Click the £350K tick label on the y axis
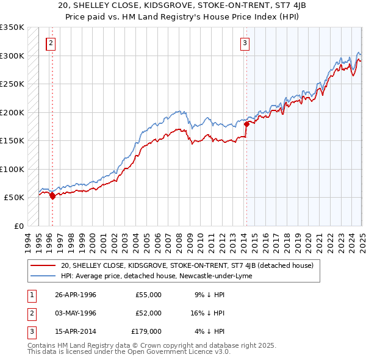tap(12, 27)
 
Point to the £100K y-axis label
tap(12, 169)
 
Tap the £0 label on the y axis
tap(18, 226)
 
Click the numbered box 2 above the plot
tap(50, 43)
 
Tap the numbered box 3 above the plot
tap(244, 43)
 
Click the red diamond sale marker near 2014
tap(247, 124)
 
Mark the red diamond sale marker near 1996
tap(52, 196)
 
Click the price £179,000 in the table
tap(146, 332)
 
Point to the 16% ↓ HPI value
tap(207, 313)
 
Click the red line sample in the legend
tap(43, 265)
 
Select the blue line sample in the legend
tap(43, 276)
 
